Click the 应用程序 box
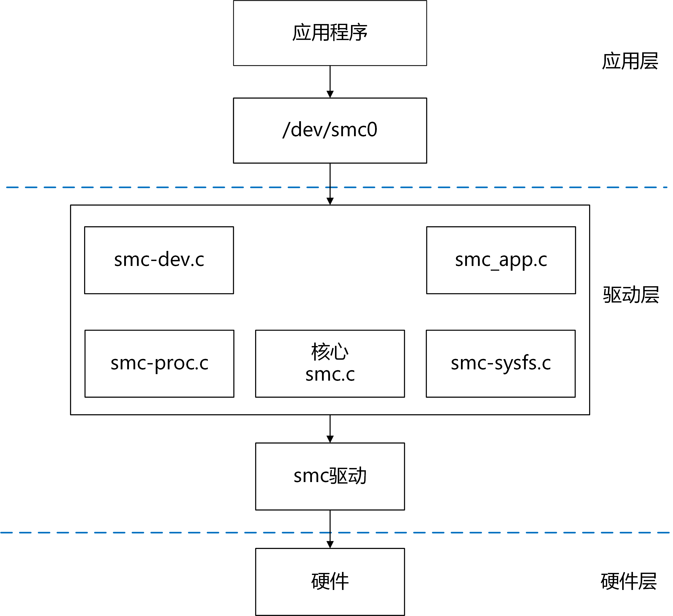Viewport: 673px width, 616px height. pos(330,33)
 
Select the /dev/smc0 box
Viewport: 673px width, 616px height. pos(330,130)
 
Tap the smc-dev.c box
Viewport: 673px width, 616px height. pos(159,260)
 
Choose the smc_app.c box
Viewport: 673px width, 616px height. pos(501,260)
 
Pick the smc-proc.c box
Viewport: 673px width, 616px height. pos(159,364)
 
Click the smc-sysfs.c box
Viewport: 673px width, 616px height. pos(500,364)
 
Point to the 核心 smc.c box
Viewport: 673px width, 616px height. pos(330,364)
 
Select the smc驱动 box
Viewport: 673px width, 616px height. pos(330,477)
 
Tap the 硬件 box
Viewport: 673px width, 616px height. pos(330,582)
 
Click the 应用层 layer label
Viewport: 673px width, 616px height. pos(630,61)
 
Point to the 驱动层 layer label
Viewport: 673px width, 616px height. pos(631,295)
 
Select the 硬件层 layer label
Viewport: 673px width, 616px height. pos(629,581)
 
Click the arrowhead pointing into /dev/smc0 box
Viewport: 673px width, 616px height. pos(330,94)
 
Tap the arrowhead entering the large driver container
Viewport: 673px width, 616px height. pos(330,201)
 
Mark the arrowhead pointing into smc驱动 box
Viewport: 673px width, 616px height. pos(330,439)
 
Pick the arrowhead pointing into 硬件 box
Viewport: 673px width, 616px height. pos(330,545)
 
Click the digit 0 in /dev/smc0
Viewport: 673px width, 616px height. pos(371,130)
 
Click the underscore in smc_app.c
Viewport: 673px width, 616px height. pos(494,269)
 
